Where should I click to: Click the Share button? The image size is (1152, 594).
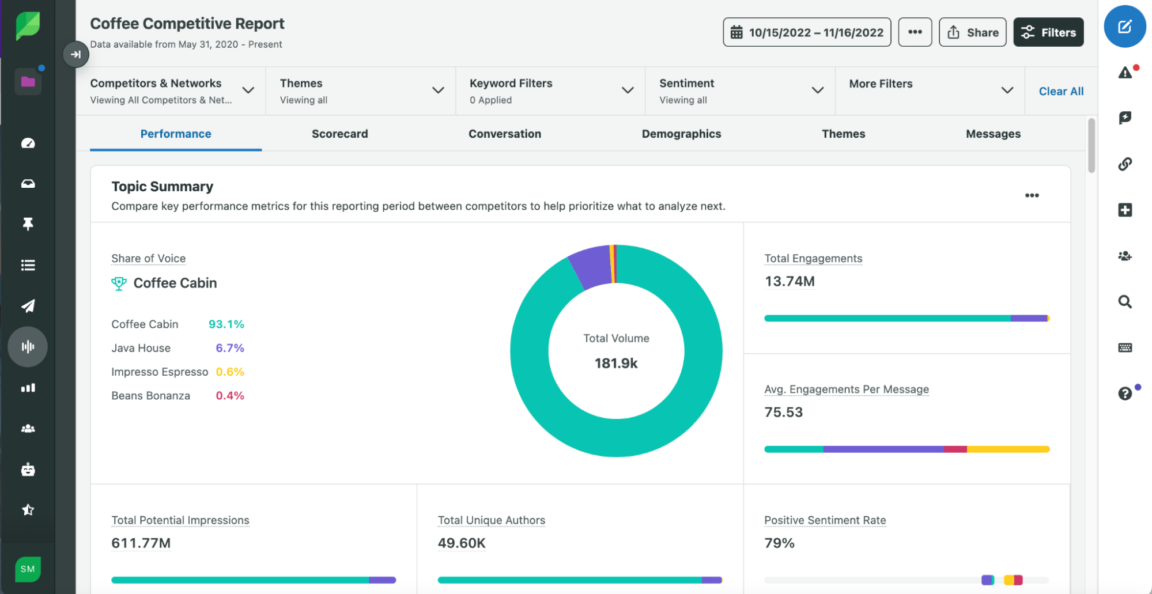[x=972, y=32]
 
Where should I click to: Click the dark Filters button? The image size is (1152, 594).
[x=1048, y=32]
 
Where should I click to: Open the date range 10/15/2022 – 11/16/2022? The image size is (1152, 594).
[x=806, y=32]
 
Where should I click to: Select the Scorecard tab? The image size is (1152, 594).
[x=339, y=134]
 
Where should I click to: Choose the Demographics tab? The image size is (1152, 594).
[x=681, y=134]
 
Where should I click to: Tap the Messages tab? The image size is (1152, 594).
[x=992, y=134]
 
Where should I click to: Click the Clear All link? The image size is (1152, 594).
[x=1060, y=91]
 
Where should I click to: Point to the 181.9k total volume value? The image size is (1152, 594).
[x=616, y=364]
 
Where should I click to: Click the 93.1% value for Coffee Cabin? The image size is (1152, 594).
[x=226, y=324]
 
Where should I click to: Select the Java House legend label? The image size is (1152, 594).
[x=141, y=348]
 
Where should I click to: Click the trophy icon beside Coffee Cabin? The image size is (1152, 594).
[x=119, y=283]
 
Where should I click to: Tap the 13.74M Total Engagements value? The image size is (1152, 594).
[x=789, y=282]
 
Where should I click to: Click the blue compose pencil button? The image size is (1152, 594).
[x=1124, y=27]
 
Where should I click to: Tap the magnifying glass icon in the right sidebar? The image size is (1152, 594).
[x=1124, y=302]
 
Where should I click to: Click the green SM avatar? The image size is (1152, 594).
[x=28, y=569]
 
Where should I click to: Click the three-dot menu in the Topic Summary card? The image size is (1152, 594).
[x=1032, y=196]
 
